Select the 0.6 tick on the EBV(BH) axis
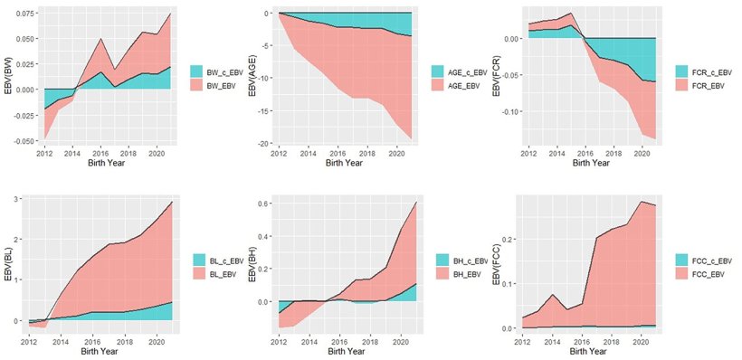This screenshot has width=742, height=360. [266, 204]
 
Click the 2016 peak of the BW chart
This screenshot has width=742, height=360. [100, 38]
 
